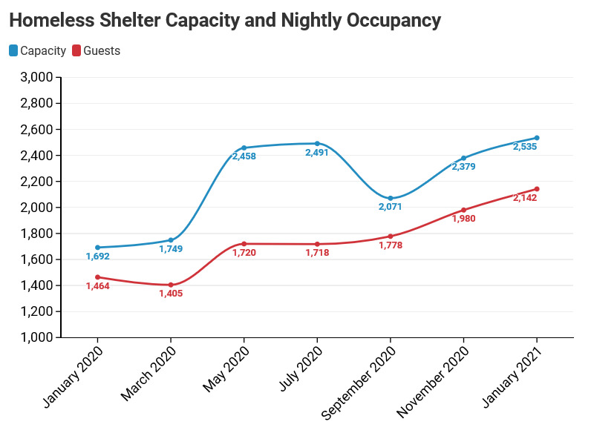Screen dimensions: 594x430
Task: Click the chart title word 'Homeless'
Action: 52,20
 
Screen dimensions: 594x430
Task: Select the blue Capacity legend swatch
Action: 13,50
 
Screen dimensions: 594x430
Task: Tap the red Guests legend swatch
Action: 76,50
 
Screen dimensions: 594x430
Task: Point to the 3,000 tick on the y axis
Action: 36,77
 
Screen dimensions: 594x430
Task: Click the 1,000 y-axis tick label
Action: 36,337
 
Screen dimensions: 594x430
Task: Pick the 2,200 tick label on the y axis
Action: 36,181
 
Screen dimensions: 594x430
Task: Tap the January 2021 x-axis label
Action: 512,377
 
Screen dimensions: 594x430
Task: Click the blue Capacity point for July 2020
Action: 317,144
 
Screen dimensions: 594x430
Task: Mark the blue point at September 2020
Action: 391,198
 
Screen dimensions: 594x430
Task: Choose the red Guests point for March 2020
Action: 171,285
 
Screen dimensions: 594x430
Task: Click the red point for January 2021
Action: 536,189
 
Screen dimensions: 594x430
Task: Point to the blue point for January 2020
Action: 98,248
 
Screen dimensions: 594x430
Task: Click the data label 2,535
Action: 525,147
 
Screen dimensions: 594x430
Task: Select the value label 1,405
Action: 171,294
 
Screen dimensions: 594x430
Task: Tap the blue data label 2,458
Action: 244,156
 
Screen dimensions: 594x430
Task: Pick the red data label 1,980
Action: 463,219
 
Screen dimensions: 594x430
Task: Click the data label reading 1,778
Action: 391,245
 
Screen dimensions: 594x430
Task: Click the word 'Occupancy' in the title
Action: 394,21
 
